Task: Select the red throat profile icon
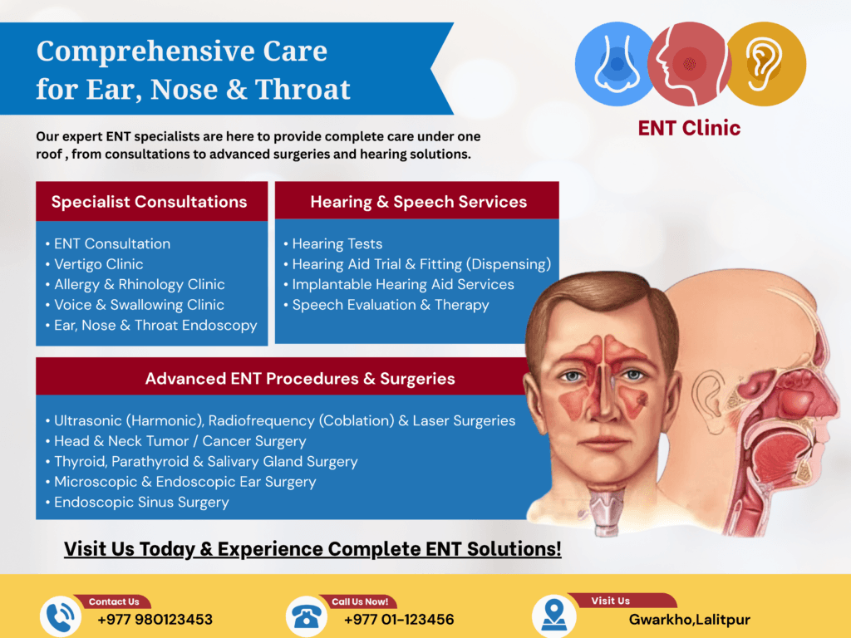pyautogui.click(x=689, y=64)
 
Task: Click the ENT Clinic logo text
pyautogui.click(x=689, y=128)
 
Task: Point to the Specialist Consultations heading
pyautogui.click(x=150, y=202)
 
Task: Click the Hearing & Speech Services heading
pyautogui.click(x=419, y=202)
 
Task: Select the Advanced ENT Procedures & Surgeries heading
pyautogui.click(x=300, y=379)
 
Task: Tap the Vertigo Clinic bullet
pyautogui.click(x=95, y=264)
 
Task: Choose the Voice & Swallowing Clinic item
pyautogui.click(x=135, y=305)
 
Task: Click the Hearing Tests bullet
pyautogui.click(x=333, y=244)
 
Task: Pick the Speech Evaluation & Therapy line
pyautogui.click(x=386, y=305)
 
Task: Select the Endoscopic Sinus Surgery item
pyautogui.click(x=137, y=503)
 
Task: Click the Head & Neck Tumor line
pyautogui.click(x=176, y=441)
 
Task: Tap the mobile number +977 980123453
pyautogui.click(x=155, y=620)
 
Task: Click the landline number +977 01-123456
pyautogui.click(x=399, y=620)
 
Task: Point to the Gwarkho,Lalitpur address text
pyautogui.click(x=689, y=620)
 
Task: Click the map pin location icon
pyautogui.click(x=554, y=616)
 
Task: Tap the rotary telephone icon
pyautogui.click(x=307, y=617)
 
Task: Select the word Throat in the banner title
pyautogui.click(x=303, y=90)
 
